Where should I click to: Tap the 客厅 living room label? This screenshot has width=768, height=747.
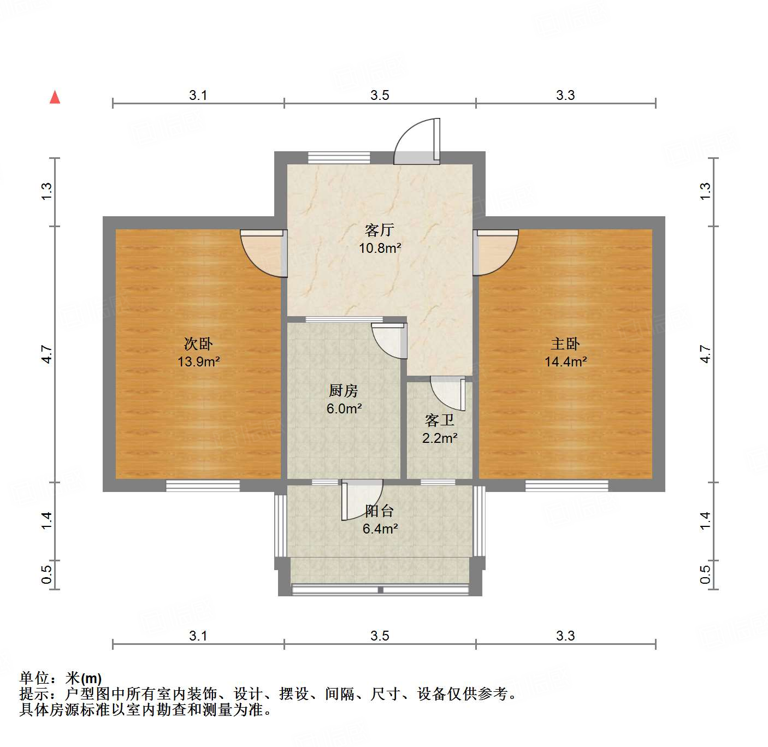tap(380, 230)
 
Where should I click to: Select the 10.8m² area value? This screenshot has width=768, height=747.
tap(380, 248)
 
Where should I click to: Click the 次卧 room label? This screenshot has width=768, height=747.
tap(198, 343)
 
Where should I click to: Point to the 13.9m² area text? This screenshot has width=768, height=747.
tap(198, 361)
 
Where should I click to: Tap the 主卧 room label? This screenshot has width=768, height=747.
tap(565, 343)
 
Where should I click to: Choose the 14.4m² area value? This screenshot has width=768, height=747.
tap(565, 361)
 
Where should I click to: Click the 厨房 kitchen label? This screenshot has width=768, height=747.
tap(344, 390)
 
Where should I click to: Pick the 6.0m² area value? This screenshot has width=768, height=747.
tap(344, 408)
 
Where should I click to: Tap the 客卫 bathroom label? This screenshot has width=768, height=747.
tap(440, 420)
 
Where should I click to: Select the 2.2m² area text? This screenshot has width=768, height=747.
tap(440, 438)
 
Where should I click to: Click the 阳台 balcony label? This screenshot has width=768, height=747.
tap(380, 511)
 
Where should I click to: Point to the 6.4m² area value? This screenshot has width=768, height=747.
tap(380, 529)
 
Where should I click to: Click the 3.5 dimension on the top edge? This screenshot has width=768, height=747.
tap(380, 96)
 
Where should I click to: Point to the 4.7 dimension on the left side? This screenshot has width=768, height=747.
tap(47, 354)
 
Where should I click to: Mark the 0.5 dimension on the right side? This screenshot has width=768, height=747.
tap(705, 574)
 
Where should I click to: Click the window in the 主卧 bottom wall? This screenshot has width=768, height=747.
tap(566, 485)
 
